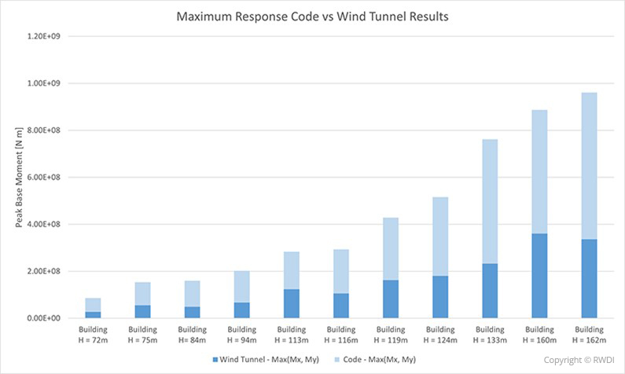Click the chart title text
point(313,16)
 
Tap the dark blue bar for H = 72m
point(93,314)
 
